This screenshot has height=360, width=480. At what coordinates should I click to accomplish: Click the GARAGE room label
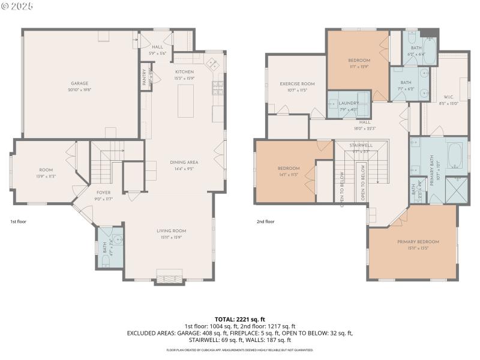click(80, 83)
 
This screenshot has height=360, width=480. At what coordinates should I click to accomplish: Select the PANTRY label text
click(144, 77)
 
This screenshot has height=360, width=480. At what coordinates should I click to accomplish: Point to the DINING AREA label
click(184, 162)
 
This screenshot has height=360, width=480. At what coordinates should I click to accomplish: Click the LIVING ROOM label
click(172, 230)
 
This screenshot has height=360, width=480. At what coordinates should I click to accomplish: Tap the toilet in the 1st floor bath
click(105, 260)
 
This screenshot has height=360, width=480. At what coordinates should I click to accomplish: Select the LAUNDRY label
click(347, 103)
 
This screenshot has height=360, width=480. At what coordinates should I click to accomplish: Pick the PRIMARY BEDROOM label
click(418, 241)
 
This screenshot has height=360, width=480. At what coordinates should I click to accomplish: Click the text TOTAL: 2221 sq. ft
click(239, 319)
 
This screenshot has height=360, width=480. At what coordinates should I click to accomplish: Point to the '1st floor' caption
click(18, 221)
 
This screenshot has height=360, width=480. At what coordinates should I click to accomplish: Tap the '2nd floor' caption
click(265, 221)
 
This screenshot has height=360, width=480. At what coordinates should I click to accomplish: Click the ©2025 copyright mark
click(17, 6)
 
